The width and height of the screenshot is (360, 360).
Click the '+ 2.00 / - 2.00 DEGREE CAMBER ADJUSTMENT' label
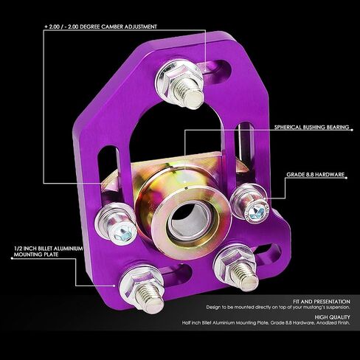(100, 27)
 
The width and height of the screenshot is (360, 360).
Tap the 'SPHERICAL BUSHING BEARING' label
(311, 127)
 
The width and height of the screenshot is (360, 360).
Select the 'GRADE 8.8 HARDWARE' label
(315, 174)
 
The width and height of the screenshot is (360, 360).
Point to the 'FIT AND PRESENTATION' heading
(322, 302)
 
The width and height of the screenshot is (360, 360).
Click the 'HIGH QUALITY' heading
(332, 317)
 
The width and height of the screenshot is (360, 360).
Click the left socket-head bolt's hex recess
(122, 234)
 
